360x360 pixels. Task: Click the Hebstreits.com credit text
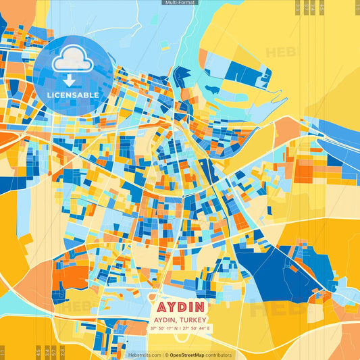(x=144, y=355)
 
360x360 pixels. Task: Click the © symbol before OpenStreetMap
(x=167, y=355)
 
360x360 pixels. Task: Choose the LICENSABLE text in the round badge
(x=73, y=95)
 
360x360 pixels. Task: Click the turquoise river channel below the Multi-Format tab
(x=182, y=41)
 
